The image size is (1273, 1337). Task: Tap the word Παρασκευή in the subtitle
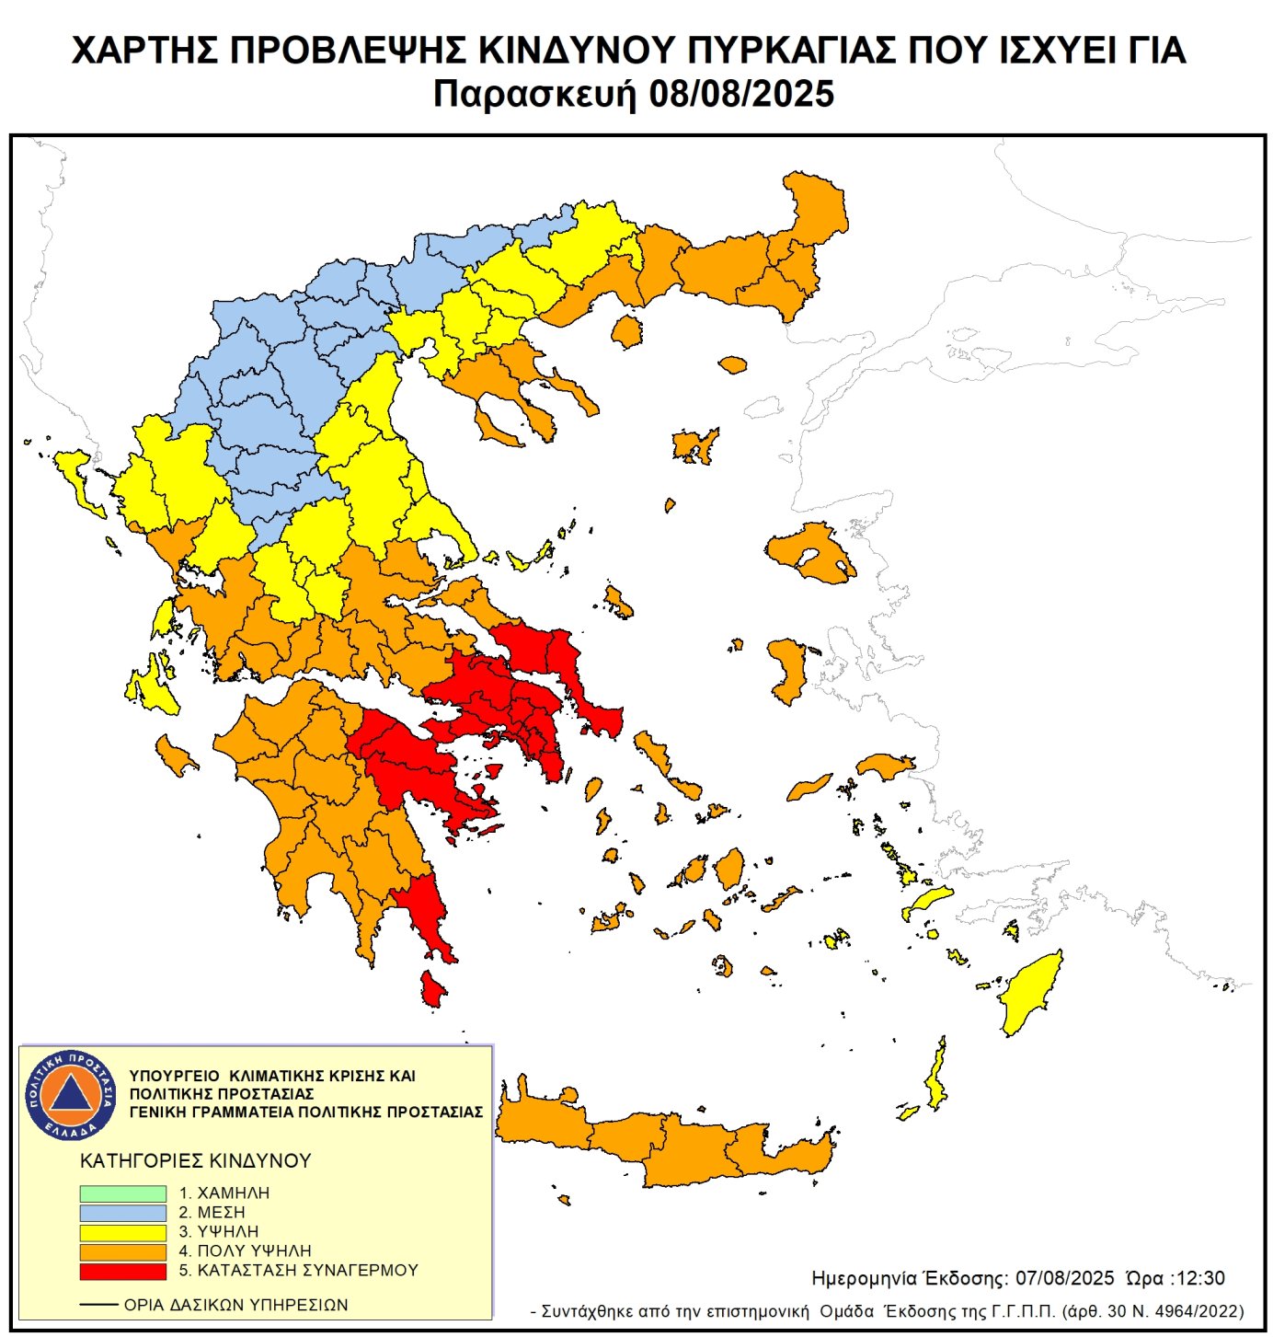pos(534,94)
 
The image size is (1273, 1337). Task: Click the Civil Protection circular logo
pos(71,1093)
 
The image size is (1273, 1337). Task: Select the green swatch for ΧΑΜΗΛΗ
pos(122,1193)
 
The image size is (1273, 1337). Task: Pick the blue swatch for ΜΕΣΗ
pos(122,1213)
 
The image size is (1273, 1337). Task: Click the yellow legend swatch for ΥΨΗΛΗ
pos(122,1232)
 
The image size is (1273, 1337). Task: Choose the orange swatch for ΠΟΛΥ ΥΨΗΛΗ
pos(122,1251)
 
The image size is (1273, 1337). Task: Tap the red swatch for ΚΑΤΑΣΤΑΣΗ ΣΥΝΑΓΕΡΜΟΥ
pos(122,1271)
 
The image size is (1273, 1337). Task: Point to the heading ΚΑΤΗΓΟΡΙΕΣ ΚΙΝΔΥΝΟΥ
pos(196,1161)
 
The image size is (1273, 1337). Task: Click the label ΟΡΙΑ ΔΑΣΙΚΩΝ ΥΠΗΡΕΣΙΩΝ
pos(235,1305)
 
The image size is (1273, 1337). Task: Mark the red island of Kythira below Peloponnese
pos(431,990)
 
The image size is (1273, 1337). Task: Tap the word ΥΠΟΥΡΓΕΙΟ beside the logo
pos(174,1076)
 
